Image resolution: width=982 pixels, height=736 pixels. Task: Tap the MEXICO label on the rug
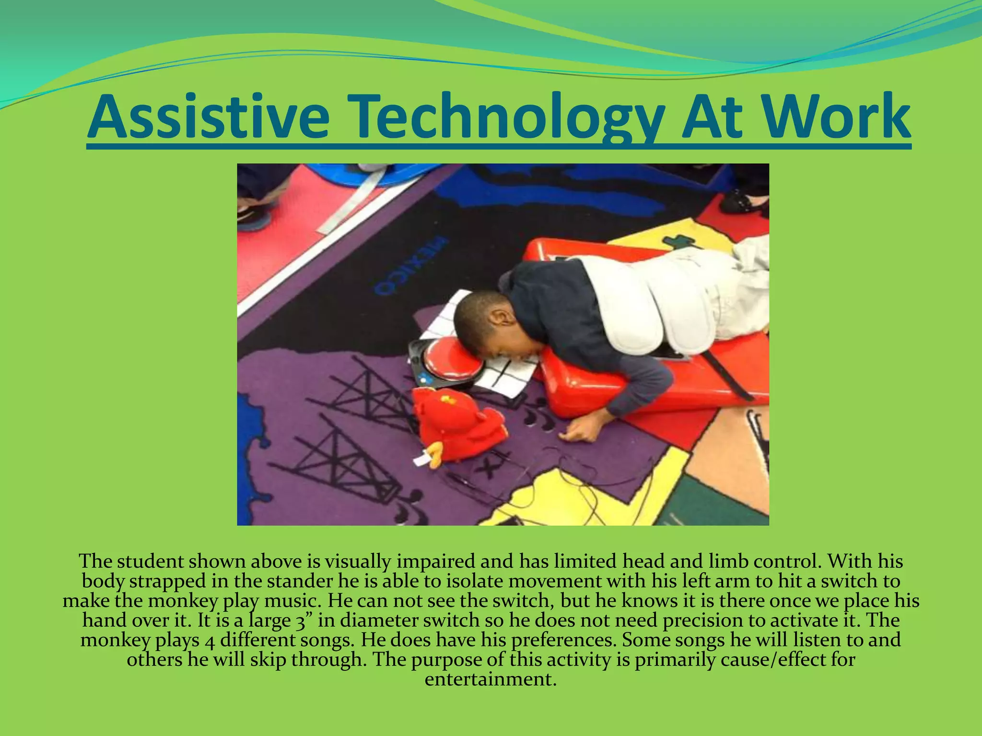point(412,266)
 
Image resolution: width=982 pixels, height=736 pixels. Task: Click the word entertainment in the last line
point(490,679)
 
